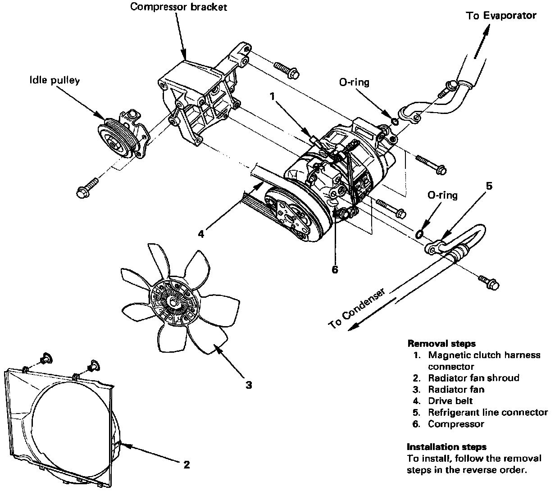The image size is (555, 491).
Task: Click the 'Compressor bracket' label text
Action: point(179,7)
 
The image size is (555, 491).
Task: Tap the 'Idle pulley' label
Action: point(55,81)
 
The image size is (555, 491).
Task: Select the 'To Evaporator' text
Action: point(501,16)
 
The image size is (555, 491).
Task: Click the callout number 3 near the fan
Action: point(248,385)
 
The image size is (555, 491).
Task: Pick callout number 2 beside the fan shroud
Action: point(187,464)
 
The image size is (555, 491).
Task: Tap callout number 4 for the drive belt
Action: point(201,234)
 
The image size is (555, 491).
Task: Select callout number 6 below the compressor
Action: point(334,269)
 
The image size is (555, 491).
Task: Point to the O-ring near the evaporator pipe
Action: point(395,121)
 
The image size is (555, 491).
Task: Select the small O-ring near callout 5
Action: point(419,234)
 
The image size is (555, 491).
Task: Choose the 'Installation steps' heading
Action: point(447,447)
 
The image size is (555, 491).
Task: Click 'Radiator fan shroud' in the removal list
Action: point(473,378)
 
